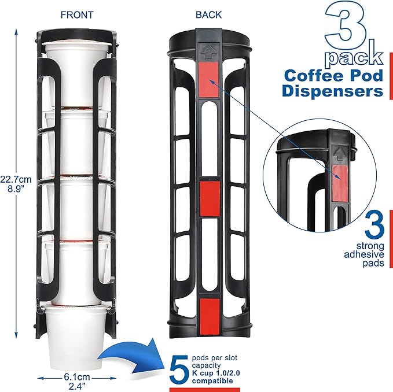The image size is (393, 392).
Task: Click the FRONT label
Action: tap(77, 14)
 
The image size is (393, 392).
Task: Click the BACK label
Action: tap(210, 14)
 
